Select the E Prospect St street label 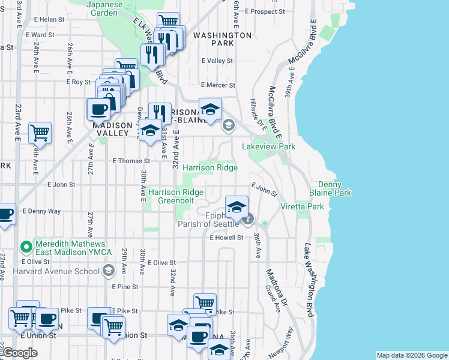259,11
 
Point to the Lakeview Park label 269,146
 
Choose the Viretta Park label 302,206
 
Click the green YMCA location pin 26,247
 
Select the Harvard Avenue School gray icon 108,271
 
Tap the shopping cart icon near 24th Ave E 40,132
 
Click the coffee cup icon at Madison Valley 98,109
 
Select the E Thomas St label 131,161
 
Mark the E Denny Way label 41,211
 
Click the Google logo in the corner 20,353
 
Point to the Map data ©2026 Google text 411,355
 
